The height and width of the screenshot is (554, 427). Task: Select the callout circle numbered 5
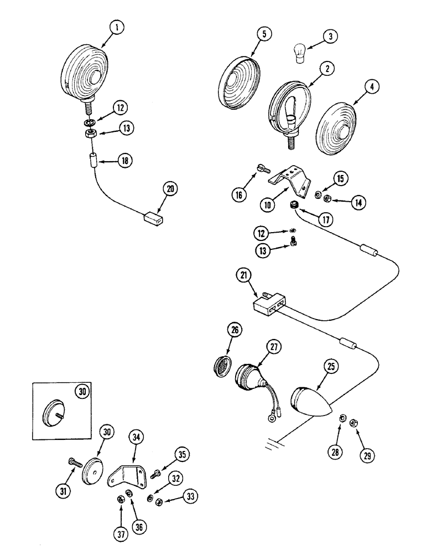[x=264, y=34]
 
